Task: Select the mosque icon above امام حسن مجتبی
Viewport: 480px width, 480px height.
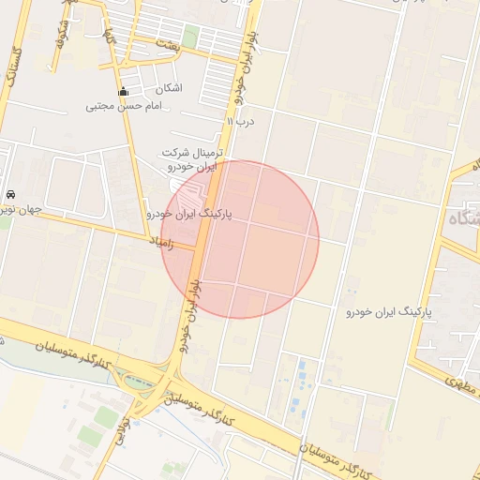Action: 123,92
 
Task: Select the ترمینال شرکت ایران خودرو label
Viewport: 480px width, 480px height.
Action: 190,159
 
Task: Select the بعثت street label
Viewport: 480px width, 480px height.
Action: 167,45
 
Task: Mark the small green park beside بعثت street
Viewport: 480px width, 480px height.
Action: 190,37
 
